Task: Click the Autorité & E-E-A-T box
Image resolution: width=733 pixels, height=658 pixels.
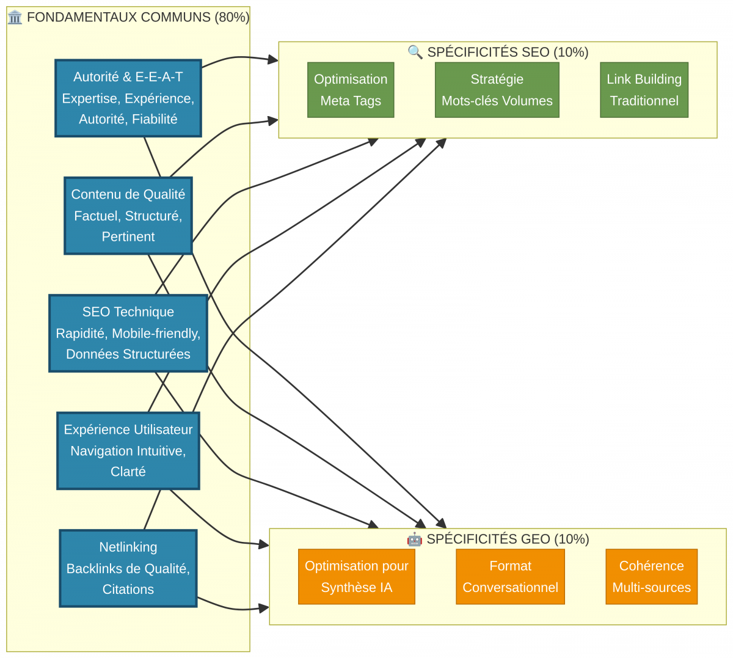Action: (128, 98)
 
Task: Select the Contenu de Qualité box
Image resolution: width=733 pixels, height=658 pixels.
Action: (128, 216)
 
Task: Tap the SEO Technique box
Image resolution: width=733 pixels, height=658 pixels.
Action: (128, 333)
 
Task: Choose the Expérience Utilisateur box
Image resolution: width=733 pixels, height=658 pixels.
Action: (128, 451)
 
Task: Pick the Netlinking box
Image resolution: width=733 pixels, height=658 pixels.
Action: (128, 568)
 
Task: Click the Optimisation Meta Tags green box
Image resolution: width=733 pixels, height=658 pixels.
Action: (351, 90)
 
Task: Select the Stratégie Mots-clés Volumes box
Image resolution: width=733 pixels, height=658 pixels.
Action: (497, 90)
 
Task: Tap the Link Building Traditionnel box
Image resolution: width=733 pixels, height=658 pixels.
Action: (644, 90)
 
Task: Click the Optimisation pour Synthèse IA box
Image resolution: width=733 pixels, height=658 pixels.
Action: (357, 577)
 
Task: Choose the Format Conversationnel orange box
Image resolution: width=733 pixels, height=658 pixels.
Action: (510, 577)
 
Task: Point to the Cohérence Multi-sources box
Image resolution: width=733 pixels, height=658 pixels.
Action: (651, 577)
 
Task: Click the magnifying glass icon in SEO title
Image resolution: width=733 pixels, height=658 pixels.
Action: (415, 53)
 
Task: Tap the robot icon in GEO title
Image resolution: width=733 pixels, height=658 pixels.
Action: (414, 539)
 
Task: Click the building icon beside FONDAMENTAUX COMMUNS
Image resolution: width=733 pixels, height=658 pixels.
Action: (15, 17)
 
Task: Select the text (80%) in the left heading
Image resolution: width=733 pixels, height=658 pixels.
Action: (232, 17)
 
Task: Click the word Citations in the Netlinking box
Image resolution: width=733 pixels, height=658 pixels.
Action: (128, 590)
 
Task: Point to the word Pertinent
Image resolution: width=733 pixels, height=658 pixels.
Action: (128, 237)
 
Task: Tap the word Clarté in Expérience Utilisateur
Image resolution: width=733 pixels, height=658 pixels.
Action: (128, 472)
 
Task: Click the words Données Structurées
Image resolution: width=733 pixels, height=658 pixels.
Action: (128, 354)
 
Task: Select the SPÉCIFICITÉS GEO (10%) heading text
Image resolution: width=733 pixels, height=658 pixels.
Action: (508, 539)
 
